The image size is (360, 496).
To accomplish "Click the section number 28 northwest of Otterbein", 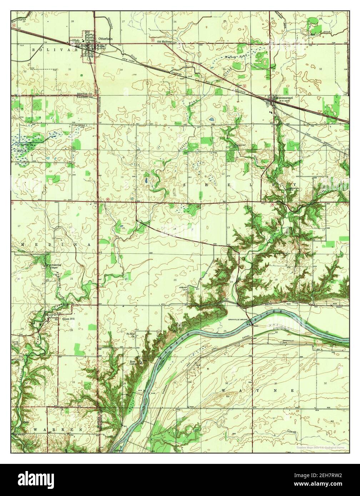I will (x=72, y=22).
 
